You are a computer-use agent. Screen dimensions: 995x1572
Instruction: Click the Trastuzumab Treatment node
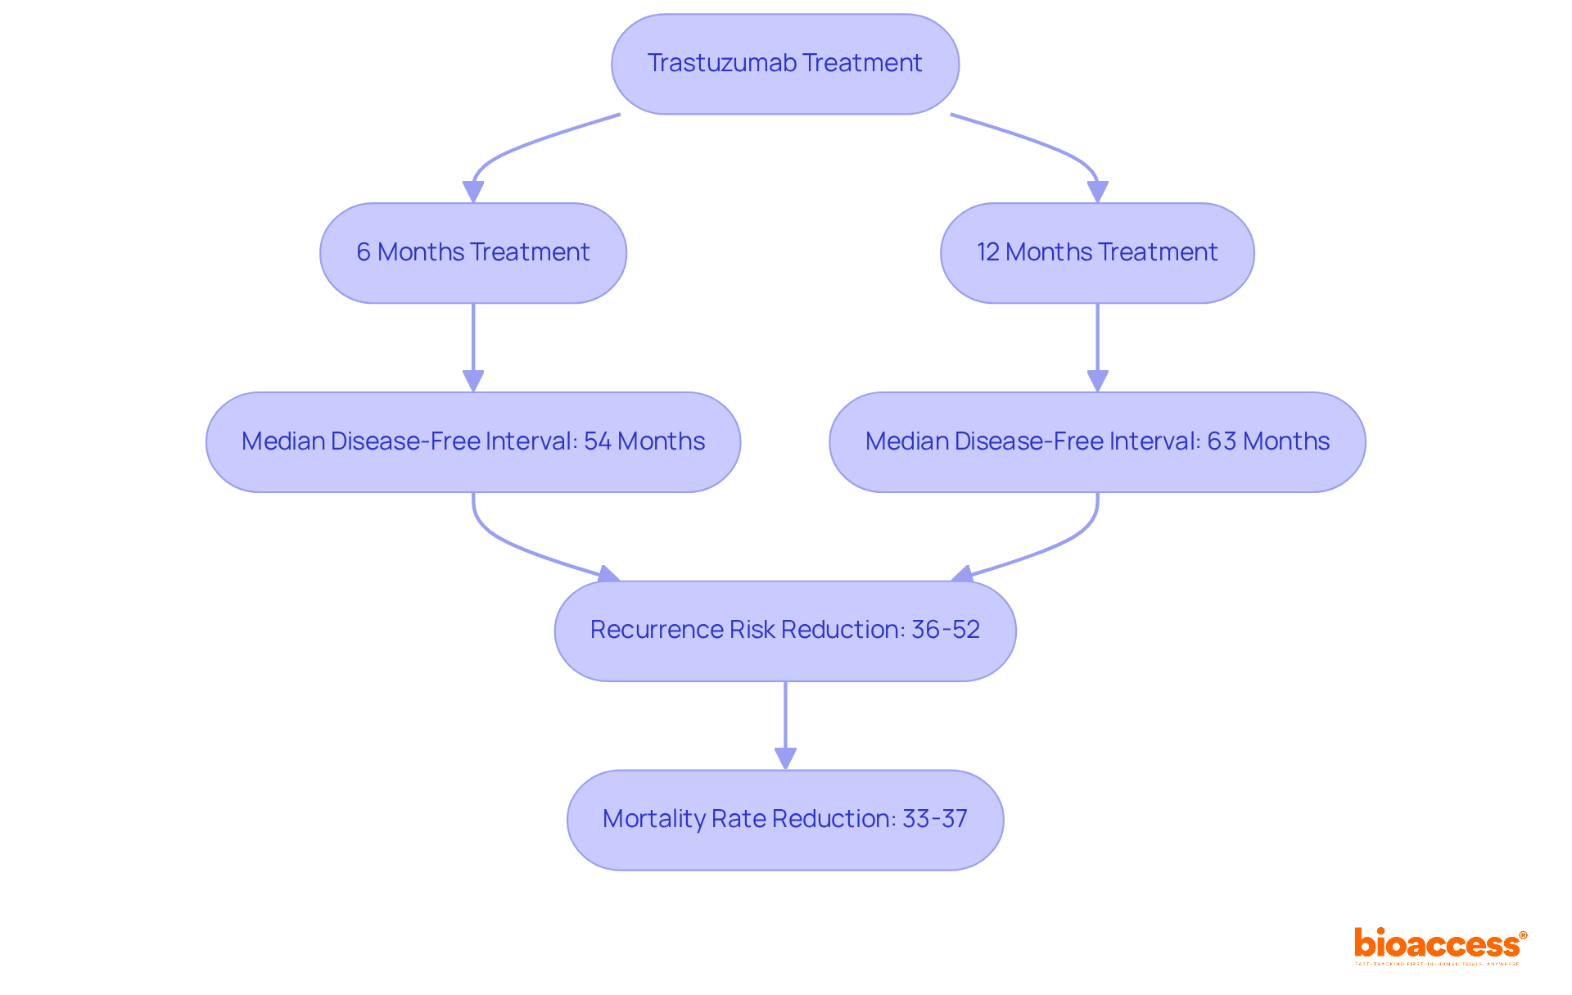pyautogui.click(x=784, y=64)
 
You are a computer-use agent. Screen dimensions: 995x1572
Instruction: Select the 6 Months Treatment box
pyautogui.click(x=472, y=253)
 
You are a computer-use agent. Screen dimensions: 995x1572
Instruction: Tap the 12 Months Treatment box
pyautogui.click(x=1096, y=253)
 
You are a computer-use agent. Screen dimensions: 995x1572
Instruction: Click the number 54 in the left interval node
pyautogui.click(x=597, y=441)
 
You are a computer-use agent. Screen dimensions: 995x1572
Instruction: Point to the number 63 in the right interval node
pyautogui.click(x=1221, y=441)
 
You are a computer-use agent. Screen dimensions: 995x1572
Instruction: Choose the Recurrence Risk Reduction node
pyautogui.click(x=784, y=631)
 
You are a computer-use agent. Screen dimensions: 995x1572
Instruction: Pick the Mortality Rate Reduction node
pyautogui.click(x=784, y=820)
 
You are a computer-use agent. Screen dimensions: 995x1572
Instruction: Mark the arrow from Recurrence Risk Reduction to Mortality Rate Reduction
pyautogui.click(x=785, y=726)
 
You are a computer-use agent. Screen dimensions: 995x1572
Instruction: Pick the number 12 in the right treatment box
pyautogui.click(x=987, y=252)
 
